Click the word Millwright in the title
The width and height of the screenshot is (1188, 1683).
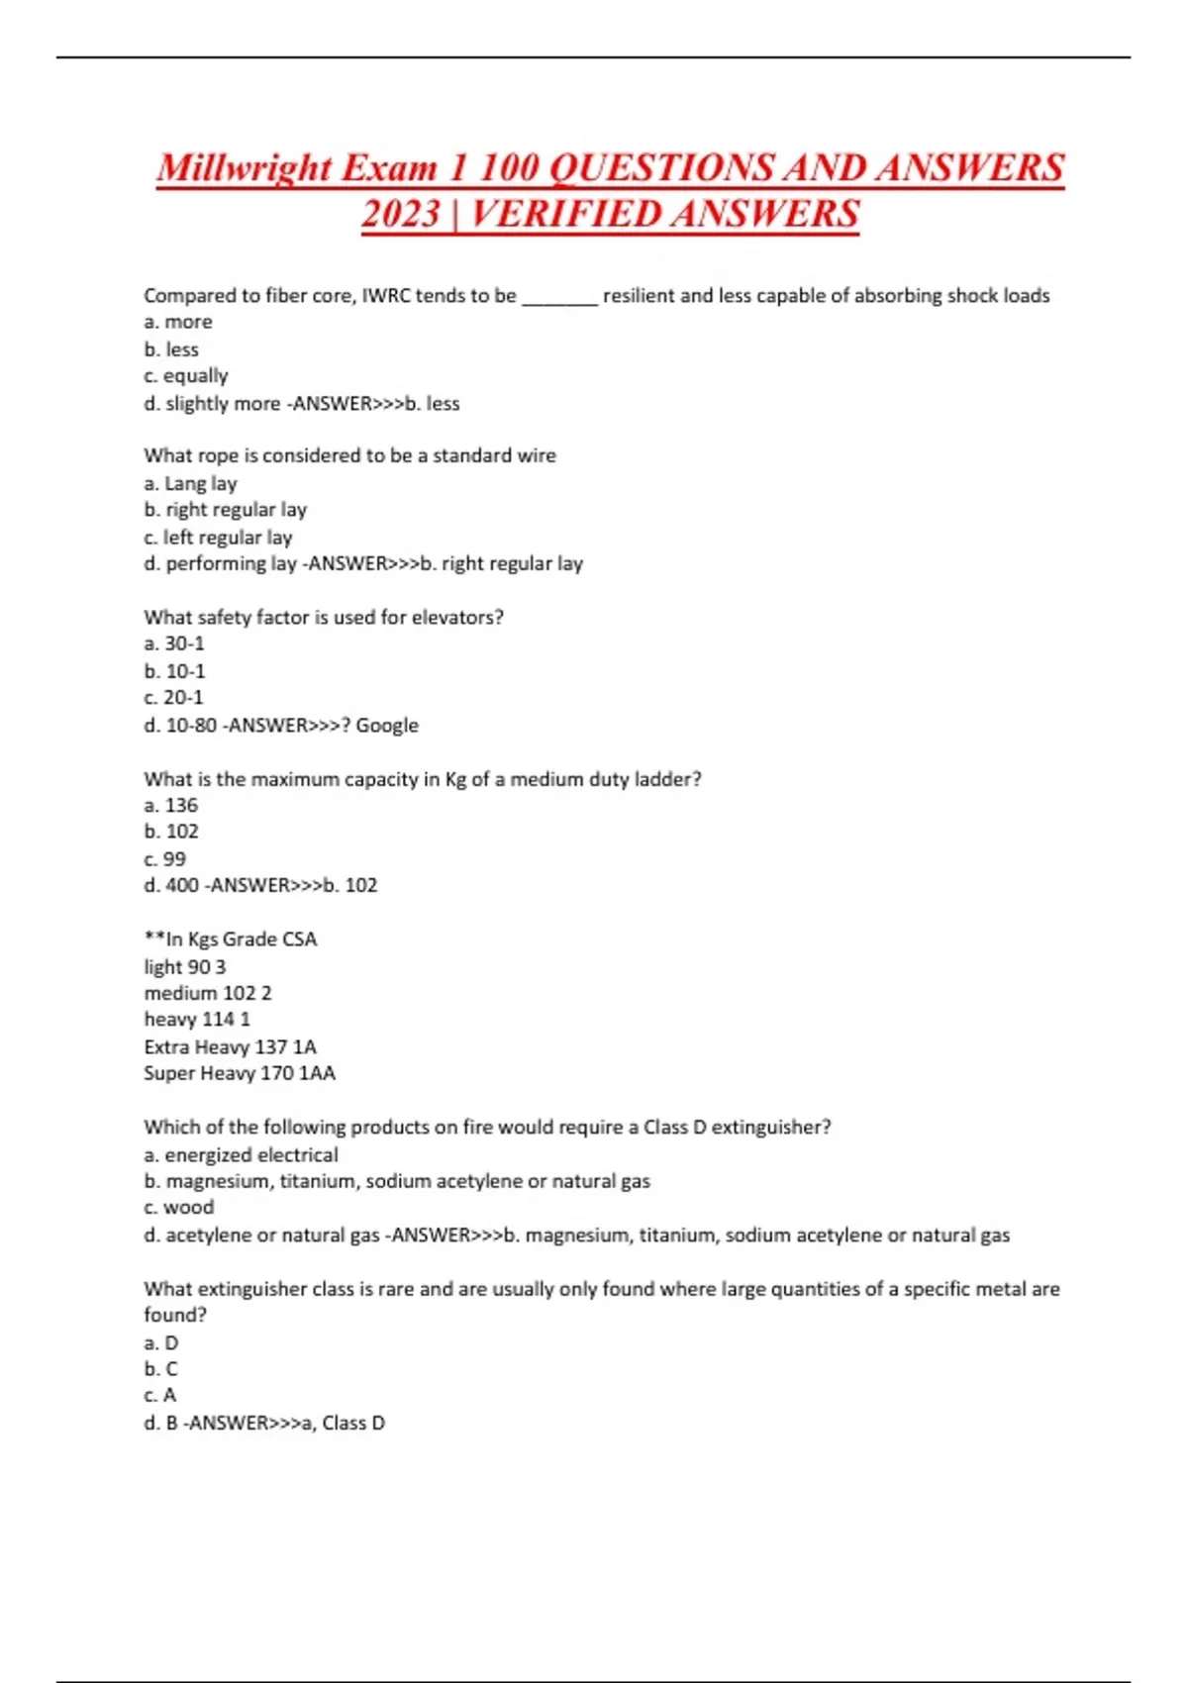(x=244, y=167)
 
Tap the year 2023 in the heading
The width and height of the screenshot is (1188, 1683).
(x=400, y=214)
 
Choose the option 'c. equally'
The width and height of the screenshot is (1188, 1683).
(x=186, y=376)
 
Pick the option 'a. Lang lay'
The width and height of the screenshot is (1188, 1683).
(x=190, y=483)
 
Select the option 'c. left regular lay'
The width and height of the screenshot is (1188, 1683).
(x=218, y=537)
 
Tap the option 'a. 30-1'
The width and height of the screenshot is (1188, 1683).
(x=174, y=643)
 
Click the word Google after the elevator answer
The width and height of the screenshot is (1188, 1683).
(x=387, y=725)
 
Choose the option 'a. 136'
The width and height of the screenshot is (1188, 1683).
(x=170, y=805)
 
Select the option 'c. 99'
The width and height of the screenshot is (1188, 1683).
(x=164, y=858)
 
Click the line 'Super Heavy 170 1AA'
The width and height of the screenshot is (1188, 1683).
(x=240, y=1073)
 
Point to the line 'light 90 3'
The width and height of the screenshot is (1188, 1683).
(x=184, y=966)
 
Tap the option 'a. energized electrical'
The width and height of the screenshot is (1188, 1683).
(x=241, y=1154)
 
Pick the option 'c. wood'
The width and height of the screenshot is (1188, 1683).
(x=178, y=1207)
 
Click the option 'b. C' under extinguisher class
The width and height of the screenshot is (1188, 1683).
(x=160, y=1369)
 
